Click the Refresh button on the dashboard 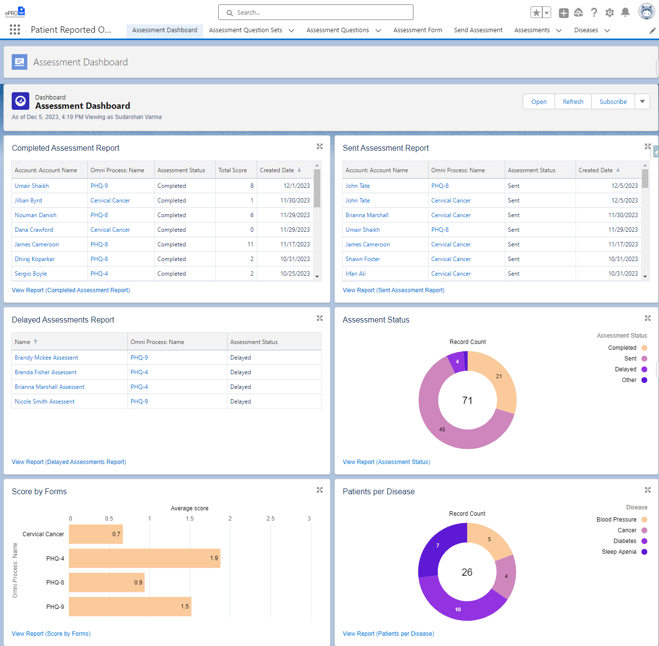[x=573, y=101]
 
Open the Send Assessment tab [x=478, y=30]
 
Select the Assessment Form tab [x=417, y=30]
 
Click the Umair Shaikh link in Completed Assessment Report [x=32, y=186]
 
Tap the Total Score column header [x=232, y=170]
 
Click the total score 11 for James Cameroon [x=250, y=244]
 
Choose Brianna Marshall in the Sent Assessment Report [x=367, y=215]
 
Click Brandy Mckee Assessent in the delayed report [x=46, y=358]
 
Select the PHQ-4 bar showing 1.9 [x=144, y=558]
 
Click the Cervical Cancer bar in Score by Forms [x=96, y=534]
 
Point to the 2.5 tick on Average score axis [x=270, y=519]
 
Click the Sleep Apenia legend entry [x=619, y=552]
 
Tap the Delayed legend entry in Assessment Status [x=625, y=369]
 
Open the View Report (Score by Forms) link [x=51, y=634]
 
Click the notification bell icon [x=625, y=13]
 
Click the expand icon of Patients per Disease [x=647, y=490]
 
